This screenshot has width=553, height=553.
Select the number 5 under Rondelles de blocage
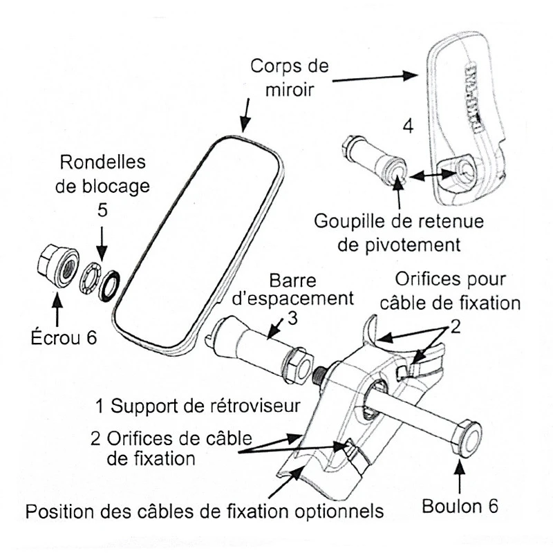coord(102,211)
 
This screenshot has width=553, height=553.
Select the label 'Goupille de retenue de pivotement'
coord(399,233)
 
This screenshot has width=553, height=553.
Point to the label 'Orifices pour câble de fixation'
coord(450,290)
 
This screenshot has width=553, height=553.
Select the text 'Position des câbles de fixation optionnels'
coord(204,512)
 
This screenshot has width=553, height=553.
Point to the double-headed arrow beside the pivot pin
coord(426,175)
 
